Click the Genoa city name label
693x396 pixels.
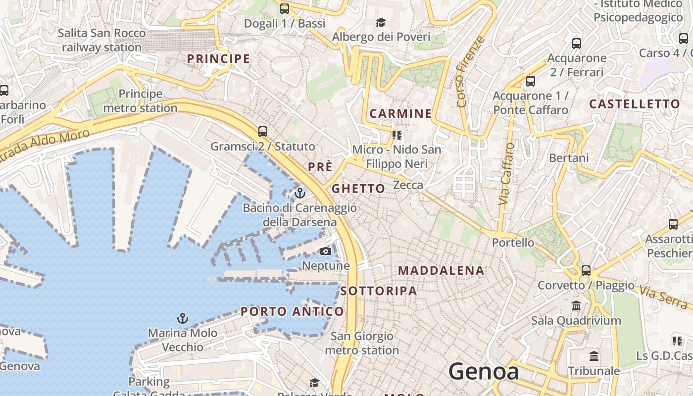tap(484, 372)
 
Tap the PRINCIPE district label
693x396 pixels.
tap(218, 59)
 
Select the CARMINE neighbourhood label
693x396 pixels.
tap(400, 114)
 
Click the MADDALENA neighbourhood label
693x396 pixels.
tap(441, 271)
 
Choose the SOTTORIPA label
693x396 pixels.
tap(379, 291)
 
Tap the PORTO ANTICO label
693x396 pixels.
tap(292, 311)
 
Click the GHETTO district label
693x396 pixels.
tap(358, 189)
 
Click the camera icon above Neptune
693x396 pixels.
tap(325, 251)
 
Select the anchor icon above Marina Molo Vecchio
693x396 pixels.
tap(183, 318)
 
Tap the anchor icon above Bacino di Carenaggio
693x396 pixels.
tap(299, 193)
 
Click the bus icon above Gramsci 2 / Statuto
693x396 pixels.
tap(263, 132)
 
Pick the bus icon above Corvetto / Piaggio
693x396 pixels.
tap(586, 271)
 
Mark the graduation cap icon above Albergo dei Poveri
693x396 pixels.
tap(381, 22)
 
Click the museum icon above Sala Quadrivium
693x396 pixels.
tap(576, 306)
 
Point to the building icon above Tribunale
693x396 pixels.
tap(594, 356)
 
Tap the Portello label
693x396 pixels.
tap(513, 243)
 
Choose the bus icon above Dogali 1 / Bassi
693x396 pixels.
tap(285, 8)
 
